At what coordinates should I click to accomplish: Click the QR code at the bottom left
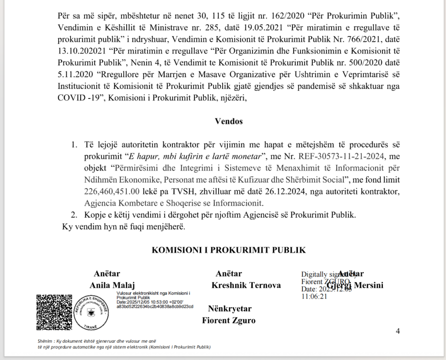pyautogui.click(x=54, y=312)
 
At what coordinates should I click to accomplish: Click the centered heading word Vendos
pyautogui.click(x=229, y=121)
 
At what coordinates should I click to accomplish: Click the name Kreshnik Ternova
pyautogui.click(x=246, y=286)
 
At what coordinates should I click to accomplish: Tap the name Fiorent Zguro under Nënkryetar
pyautogui.click(x=229, y=321)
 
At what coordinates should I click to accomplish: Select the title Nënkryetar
pyautogui.click(x=230, y=309)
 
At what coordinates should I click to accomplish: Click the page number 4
pyautogui.click(x=398, y=331)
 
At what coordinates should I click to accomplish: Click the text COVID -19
pyautogui.click(x=81, y=98)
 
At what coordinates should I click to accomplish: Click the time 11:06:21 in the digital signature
pyautogui.click(x=314, y=296)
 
